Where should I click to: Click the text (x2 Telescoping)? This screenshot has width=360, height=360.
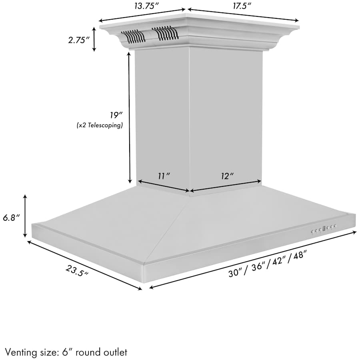pyautogui.click(x=100, y=125)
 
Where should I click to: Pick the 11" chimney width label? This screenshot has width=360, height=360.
pyautogui.click(x=164, y=176)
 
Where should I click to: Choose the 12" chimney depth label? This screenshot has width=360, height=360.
pyautogui.click(x=226, y=176)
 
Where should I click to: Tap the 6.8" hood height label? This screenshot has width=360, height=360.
pyautogui.click(x=11, y=218)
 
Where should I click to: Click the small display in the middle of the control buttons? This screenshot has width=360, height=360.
pyautogui.click(x=325, y=228)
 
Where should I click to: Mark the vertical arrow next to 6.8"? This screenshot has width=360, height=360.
pyautogui.click(x=26, y=216)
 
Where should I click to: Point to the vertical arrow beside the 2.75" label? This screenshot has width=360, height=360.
pyautogui.click(x=94, y=39)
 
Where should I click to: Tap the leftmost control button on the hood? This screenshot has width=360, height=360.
pyautogui.click(x=313, y=231)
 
